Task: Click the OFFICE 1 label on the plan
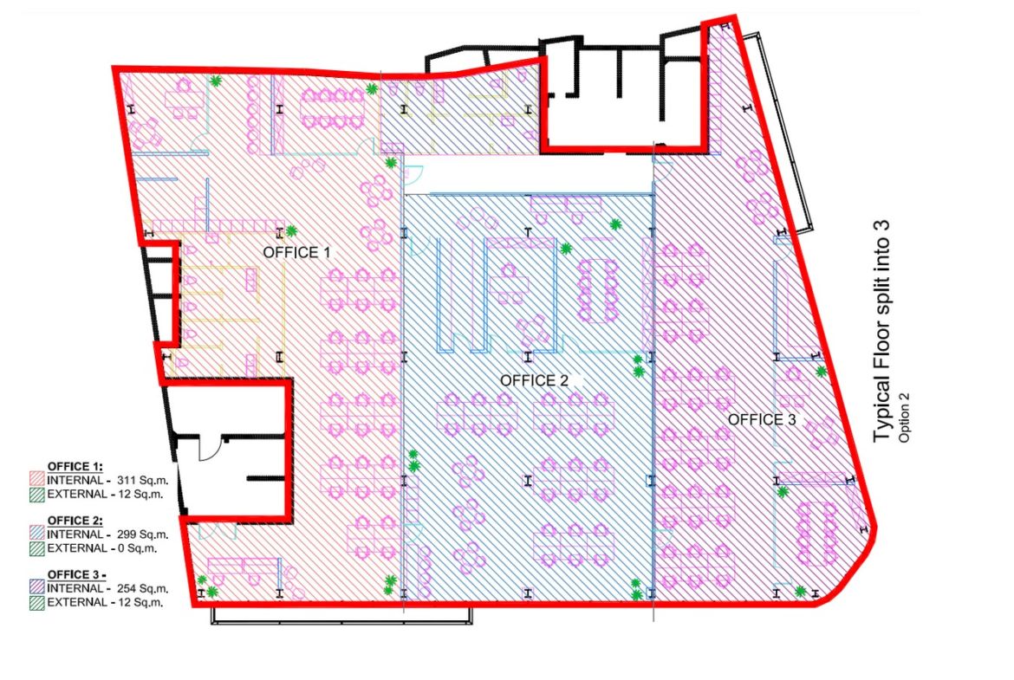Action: click(296, 252)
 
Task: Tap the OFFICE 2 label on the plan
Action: click(534, 381)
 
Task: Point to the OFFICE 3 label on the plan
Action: click(762, 419)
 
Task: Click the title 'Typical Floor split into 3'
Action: click(881, 331)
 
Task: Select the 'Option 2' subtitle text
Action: click(904, 418)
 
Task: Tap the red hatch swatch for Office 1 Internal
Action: click(37, 480)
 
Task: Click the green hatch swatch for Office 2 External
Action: click(37, 549)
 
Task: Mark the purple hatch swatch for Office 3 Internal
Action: click(37, 587)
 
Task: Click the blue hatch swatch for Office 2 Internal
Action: click(37, 534)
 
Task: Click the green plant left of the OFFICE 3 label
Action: click(638, 366)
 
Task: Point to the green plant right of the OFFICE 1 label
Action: click(292, 230)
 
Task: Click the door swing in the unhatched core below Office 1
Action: click(210, 447)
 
